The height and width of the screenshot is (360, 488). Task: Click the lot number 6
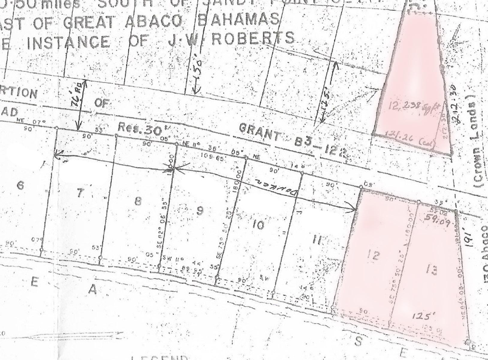pos(20,186)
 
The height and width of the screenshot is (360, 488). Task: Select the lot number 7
pos(79,193)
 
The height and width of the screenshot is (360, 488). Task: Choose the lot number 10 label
pos(258,224)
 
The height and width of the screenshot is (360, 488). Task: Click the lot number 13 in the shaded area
pos(431,271)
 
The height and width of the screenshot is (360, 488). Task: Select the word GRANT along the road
pos(260,133)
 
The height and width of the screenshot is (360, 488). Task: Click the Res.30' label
pos(139,129)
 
